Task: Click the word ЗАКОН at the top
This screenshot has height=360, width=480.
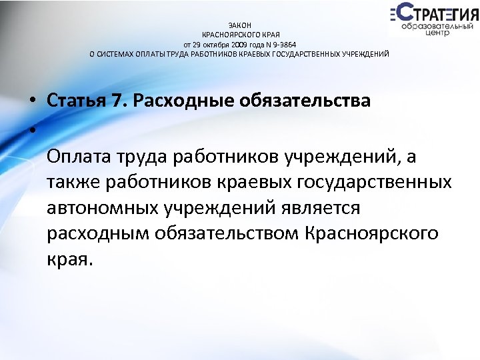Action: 239,25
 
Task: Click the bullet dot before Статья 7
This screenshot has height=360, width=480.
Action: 31,101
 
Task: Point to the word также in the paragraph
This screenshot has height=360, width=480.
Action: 72,182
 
